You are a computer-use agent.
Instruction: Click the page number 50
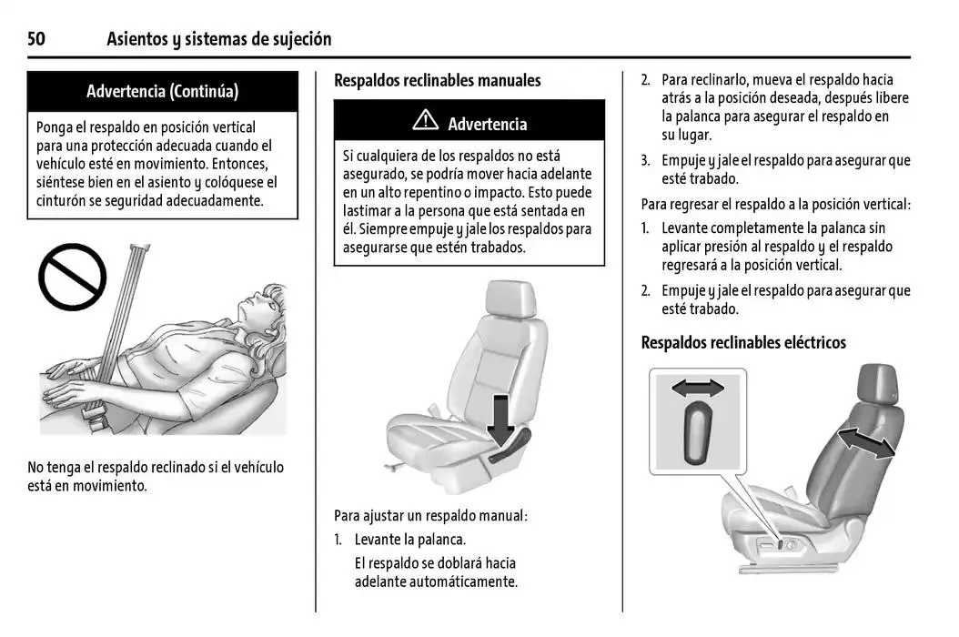pyautogui.click(x=36, y=38)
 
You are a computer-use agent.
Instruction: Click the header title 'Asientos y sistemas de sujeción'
pyautogui.click(x=218, y=38)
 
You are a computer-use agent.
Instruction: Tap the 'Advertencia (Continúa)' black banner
pyautogui.click(x=162, y=91)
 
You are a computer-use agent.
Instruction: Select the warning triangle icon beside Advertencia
pyautogui.click(x=425, y=121)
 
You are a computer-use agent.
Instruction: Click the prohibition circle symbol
pyautogui.click(x=72, y=277)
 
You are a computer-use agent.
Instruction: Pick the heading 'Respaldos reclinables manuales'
pyautogui.click(x=437, y=80)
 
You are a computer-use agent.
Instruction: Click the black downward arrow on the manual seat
pyautogui.click(x=500, y=417)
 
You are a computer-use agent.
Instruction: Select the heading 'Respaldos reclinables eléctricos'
pyautogui.click(x=743, y=342)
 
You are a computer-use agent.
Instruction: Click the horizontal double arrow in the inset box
pyautogui.click(x=698, y=389)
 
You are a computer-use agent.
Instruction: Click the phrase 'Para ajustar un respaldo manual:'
pyautogui.click(x=430, y=515)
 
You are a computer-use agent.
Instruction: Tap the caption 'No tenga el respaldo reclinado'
pyautogui.click(x=156, y=467)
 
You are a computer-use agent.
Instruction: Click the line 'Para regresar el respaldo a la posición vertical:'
pyautogui.click(x=775, y=204)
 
